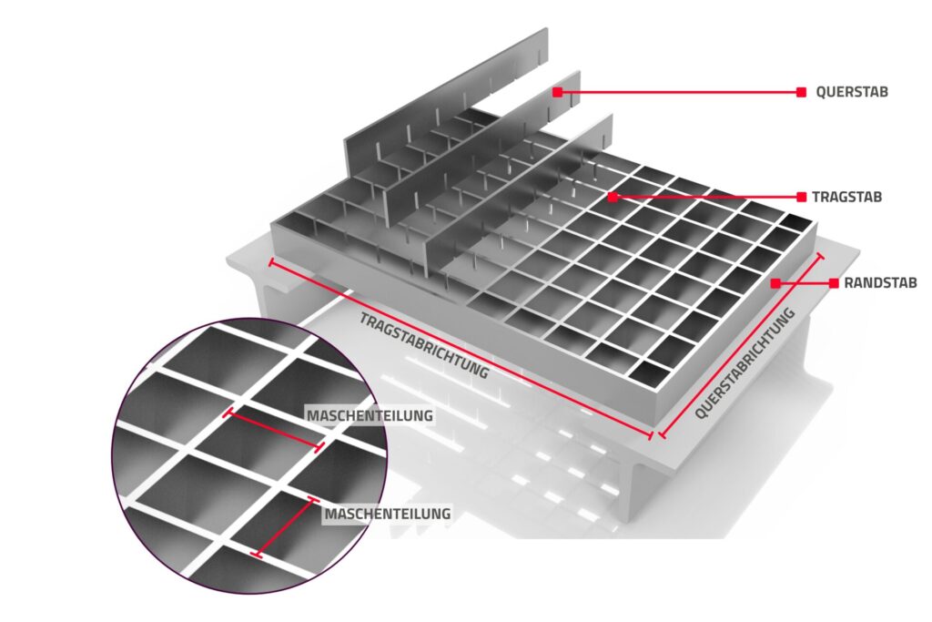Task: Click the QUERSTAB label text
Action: [x=851, y=92]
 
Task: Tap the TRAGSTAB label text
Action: [x=846, y=197]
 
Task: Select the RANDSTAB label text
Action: [x=880, y=283]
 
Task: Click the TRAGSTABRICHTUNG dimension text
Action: [x=424, y=345]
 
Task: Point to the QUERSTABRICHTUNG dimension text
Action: [x=745, y=363]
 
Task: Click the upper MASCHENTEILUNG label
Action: [x=370, y=415]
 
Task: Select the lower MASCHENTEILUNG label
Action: [x=387, y=514]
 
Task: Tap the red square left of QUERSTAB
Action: [x=801, y=92]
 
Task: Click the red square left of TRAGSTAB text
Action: [x=801, y=197]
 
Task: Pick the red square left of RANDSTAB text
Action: [x=834, y=283]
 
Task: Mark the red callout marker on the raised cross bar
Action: [x=557, y=92]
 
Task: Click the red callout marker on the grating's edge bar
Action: [x=775, y=283]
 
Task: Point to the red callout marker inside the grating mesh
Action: [x=613, y=197]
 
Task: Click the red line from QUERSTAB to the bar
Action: [x=679, y=92]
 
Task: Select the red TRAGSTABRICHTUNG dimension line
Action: [x=461, y=350]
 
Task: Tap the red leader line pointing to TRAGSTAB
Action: [x=706, y=197]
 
